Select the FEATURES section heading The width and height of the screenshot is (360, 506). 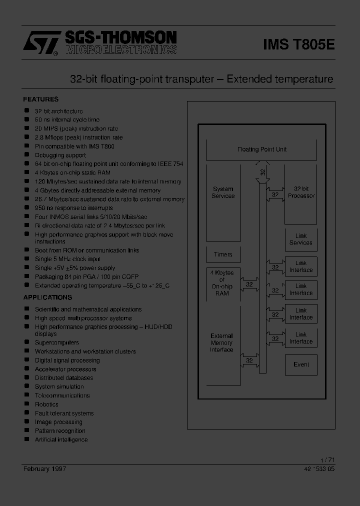click(x=40, y=99)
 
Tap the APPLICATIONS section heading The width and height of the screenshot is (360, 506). click(x=47, y=297)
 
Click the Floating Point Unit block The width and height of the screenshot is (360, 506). click(x=261, y=149)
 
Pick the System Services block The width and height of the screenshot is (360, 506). click(x=223, y=192)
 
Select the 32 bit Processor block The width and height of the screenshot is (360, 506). click(x=301, y=192)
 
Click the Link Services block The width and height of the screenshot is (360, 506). click(x=301, y=239)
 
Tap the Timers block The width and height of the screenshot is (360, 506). click(x=223, y=254)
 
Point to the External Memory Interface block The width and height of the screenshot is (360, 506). click(x=222, y=343)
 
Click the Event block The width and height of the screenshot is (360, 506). click(x=301, y=364)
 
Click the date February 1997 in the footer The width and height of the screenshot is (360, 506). click(x=44, y=468)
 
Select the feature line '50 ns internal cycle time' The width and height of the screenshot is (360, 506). click(x=67, y=120)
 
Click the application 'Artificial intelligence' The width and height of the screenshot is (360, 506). click(x=61, y=440)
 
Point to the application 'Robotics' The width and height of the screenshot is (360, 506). click(x=46, y=404)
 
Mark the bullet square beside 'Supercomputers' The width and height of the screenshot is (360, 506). click(x=27, y=342)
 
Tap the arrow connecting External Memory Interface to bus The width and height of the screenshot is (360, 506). click(x=249, y=358)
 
